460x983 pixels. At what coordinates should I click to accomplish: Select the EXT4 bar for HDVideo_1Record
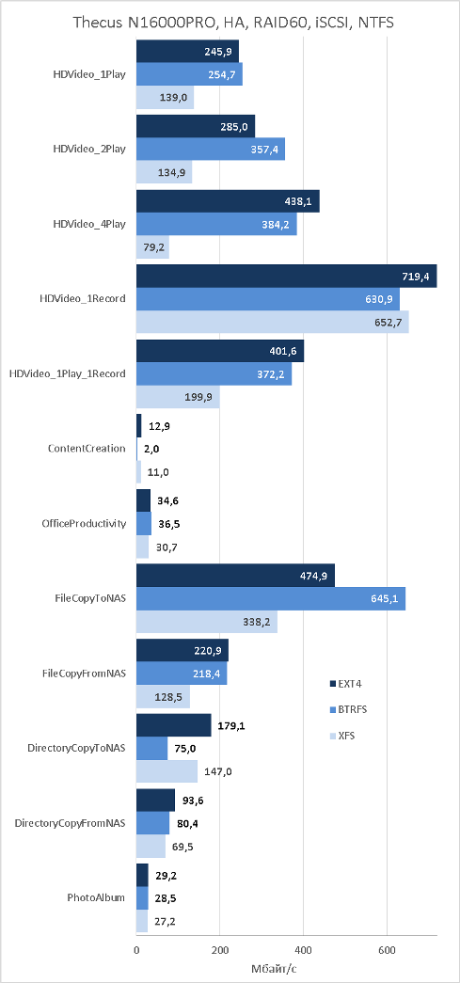[x=286, y=277]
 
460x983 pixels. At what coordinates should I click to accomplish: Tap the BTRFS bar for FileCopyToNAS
[x=271, y=598]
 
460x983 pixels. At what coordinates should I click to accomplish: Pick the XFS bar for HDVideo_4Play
[x=153, y=247]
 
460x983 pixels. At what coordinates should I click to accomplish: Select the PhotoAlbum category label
[x=96, y=897]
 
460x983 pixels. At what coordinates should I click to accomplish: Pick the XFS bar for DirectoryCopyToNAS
[x=167, y=771]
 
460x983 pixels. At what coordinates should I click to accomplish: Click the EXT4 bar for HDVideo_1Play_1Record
[x=220, y=351]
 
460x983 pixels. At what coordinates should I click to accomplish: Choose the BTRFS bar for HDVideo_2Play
[x=211, y=150]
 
